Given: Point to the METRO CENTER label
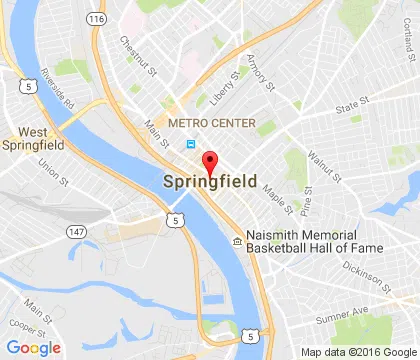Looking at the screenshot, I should (212, 123).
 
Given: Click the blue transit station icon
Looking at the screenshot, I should (190, 144).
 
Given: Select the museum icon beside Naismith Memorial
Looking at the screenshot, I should (237, 240).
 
